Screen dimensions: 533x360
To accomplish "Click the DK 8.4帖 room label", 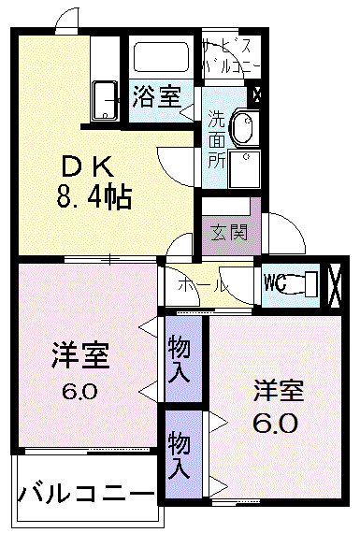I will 90,181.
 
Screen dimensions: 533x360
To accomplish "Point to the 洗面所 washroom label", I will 215,138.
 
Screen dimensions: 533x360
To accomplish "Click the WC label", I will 276,281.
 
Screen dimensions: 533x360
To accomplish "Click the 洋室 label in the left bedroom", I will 79,356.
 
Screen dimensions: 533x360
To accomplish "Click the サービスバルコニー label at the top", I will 228,52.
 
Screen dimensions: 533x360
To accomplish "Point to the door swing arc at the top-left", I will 65,18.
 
